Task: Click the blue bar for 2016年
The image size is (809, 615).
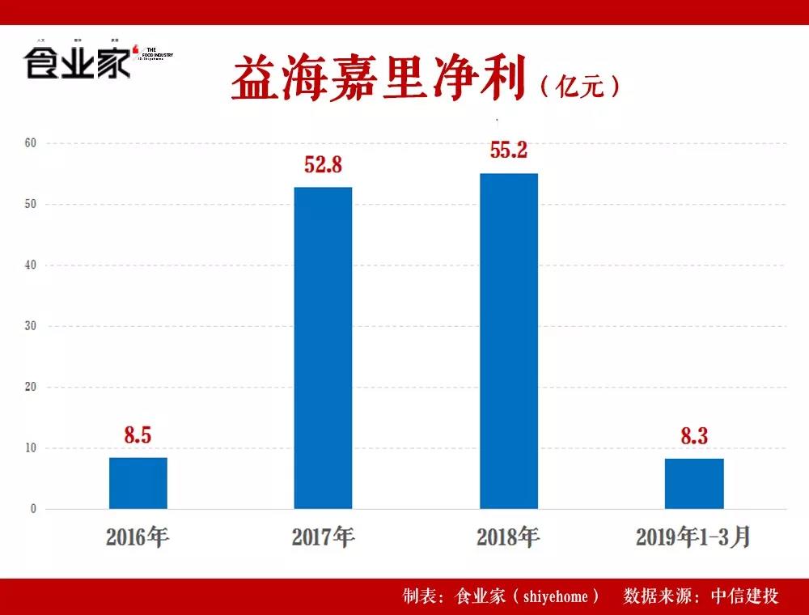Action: [138, 483]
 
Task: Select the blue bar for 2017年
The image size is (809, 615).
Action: [323, 348]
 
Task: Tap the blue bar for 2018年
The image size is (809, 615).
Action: [508, 341]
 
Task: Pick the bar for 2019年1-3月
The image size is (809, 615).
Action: [694, 483]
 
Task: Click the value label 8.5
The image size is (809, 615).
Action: [138, 435]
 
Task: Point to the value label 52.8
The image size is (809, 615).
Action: [323, 165]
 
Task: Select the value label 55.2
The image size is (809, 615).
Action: [508, 151]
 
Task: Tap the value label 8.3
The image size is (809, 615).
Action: [694, 437]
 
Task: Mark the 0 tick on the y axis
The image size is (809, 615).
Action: [32, 509]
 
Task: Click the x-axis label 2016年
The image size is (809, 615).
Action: [138, 537]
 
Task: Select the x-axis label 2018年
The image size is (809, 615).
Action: [508, 537]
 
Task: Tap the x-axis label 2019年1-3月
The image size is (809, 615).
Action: [693, 537]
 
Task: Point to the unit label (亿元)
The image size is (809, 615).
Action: [580, 86]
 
